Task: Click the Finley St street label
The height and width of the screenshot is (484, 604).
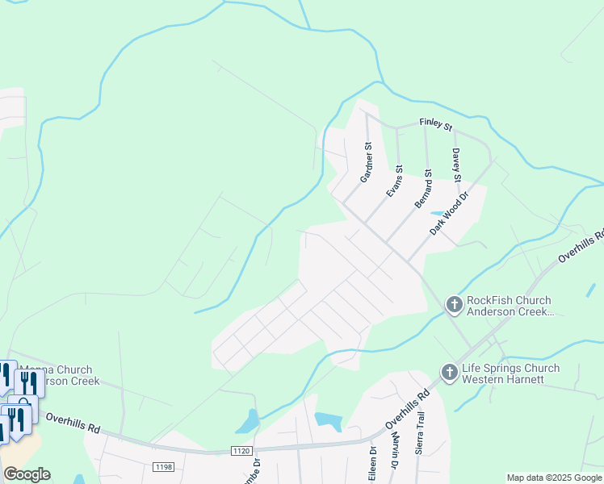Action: (435, 123)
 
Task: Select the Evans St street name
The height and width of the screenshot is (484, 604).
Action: (395, 181)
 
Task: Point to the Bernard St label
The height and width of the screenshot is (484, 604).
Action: (424, 190)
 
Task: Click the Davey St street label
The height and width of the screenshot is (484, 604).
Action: (456, 165)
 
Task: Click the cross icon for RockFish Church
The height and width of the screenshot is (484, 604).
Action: (454, 304)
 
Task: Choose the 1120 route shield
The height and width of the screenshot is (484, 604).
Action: (241, 450)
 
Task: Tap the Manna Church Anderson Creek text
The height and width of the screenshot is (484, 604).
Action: (61, 375)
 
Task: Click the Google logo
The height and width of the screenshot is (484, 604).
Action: (27, 474)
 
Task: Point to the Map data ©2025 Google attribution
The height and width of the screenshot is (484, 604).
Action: (554, 478)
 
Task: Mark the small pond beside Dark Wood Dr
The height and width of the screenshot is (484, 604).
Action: (438, 214)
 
